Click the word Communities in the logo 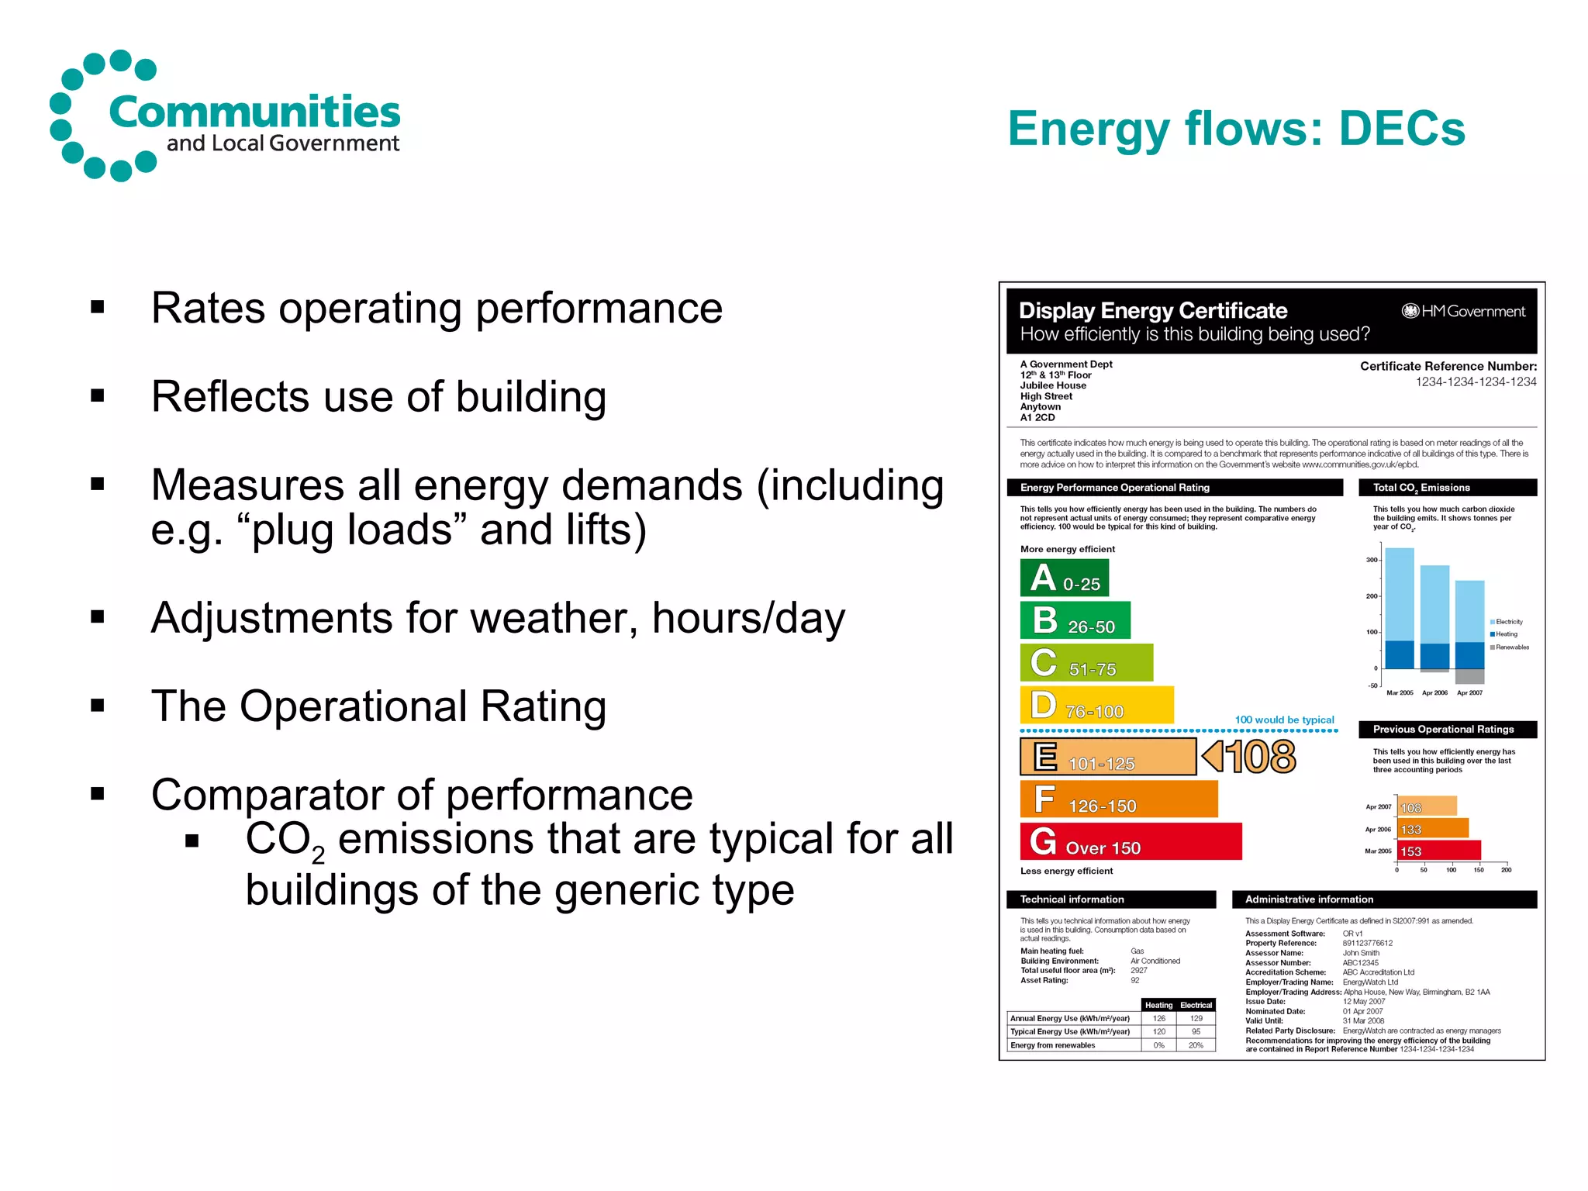[254, 112]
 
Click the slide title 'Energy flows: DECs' [1236, 129]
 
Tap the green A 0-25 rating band [1064, 578]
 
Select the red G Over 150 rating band [1131, 842]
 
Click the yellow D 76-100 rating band [1096, 706]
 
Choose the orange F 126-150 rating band [1118, 799]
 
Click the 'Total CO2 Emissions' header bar [1447, 488]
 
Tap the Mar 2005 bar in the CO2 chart [1400, 609]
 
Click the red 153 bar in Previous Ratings [1438, 851]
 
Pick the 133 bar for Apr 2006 [1432, 830]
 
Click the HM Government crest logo [1410, 312]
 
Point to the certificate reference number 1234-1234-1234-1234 [1476, 382]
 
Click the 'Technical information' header [1110, 899]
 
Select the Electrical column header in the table [1196, 1006]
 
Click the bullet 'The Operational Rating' [378, 706]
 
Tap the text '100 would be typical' [1284, 720]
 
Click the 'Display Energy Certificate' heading [1152, 311]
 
